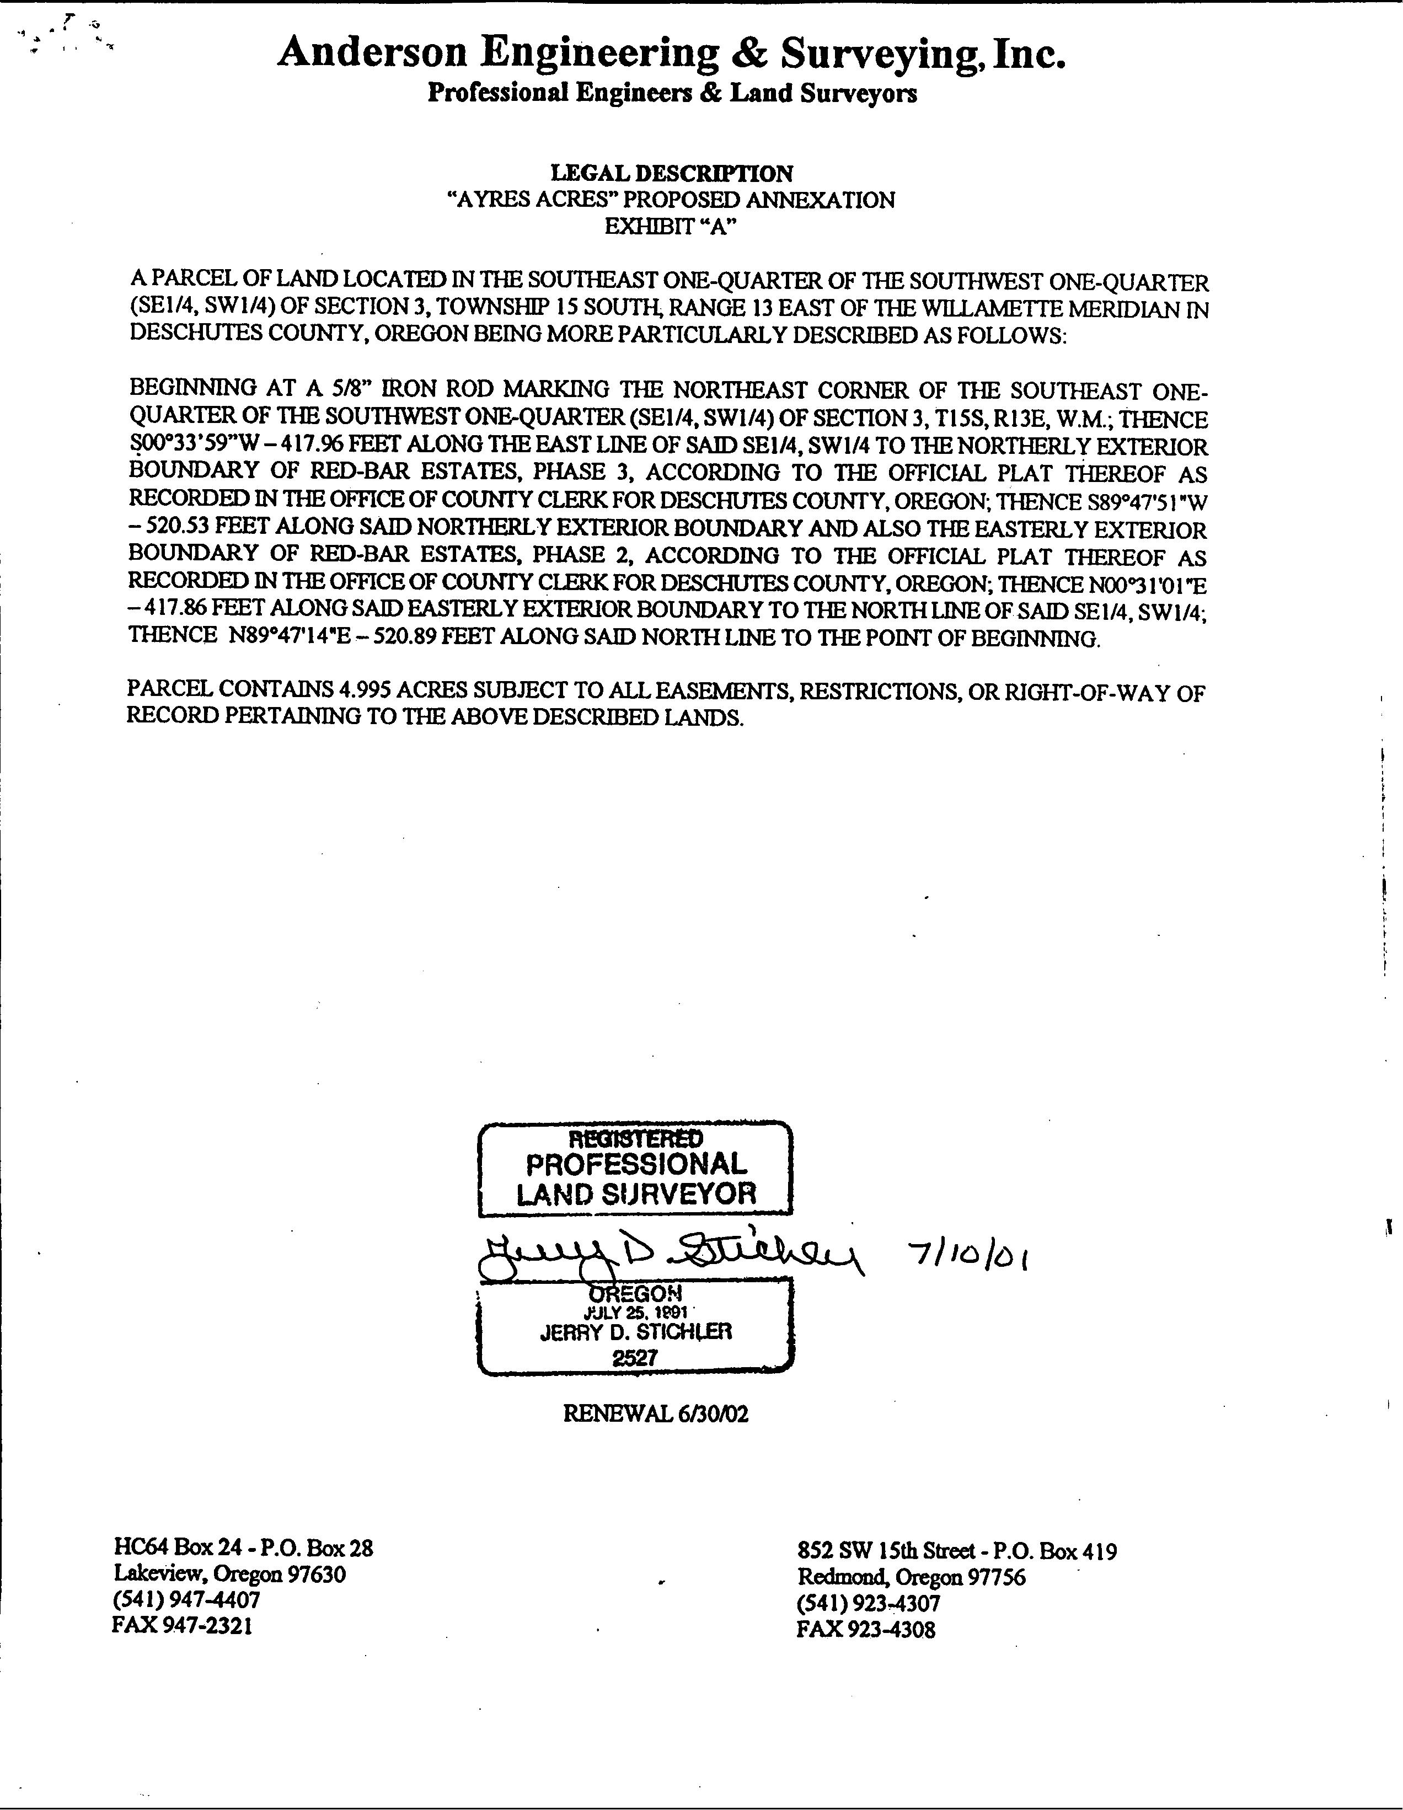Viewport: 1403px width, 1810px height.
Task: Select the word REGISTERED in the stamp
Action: pyautogui.click(x=636, y=1139)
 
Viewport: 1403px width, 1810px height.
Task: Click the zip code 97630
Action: pyautogui.click(x=316, y=1574)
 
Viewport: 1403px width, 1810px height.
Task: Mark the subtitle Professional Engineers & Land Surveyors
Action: pyautogui.click(x=672, y=94)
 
